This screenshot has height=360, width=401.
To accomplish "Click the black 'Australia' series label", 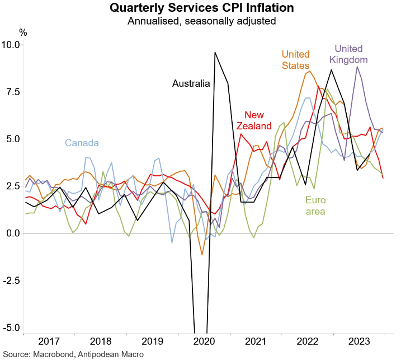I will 191,84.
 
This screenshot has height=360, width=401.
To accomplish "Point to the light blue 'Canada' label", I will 82,142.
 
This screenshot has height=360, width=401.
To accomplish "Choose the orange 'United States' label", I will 295,60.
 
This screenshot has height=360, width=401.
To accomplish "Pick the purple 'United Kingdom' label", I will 348,54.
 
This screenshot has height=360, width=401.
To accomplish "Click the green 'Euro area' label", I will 315,205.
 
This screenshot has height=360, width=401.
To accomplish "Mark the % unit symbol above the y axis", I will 22,32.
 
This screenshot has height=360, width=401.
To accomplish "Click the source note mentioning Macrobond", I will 73,354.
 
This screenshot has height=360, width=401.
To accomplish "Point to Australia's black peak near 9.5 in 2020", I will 215,53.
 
